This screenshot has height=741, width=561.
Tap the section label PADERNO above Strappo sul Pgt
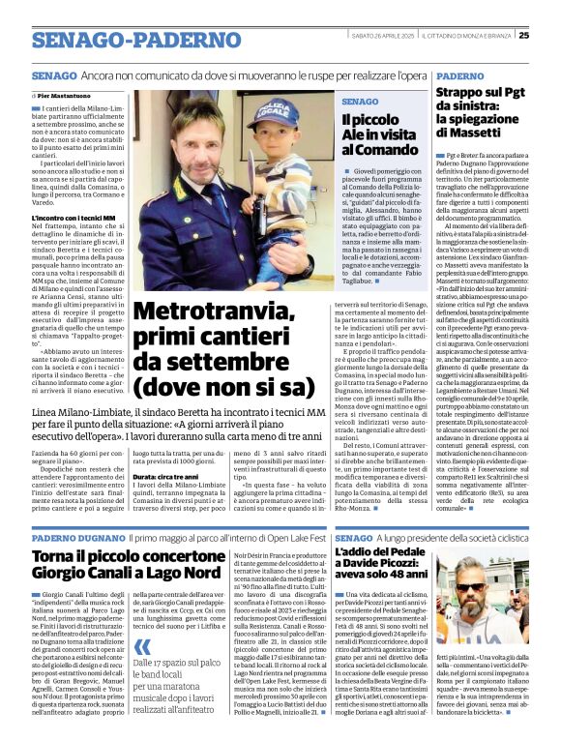pos(459,75)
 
